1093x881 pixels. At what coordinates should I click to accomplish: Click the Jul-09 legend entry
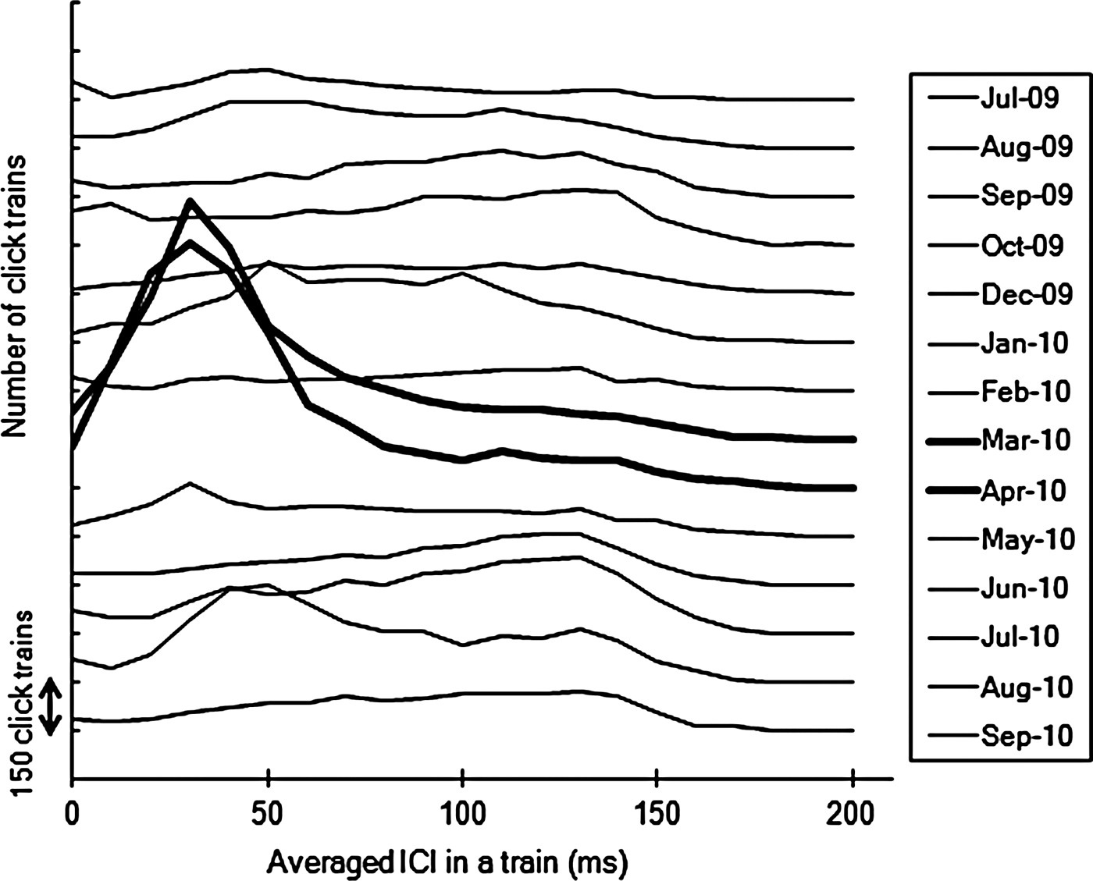[1019, 98]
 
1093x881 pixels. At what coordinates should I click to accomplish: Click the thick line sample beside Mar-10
[952, 442]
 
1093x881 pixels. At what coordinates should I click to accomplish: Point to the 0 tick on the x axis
[72, 815]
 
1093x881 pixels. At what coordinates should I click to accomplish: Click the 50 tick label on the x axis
[268, 815]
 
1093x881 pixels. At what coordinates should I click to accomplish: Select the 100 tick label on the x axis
[462, 815]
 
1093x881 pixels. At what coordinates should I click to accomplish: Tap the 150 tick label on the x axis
[657, 815]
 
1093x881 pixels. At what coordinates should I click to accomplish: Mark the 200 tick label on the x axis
[853, 815]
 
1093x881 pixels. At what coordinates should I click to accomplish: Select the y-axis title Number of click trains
[15, 297]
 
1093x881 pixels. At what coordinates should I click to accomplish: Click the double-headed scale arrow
[51, 706]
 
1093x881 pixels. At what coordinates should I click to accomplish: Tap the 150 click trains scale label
[23, 702]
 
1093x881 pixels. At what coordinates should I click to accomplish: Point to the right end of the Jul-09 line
[853, 100]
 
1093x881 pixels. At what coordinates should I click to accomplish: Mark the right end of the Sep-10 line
[853, 731]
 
